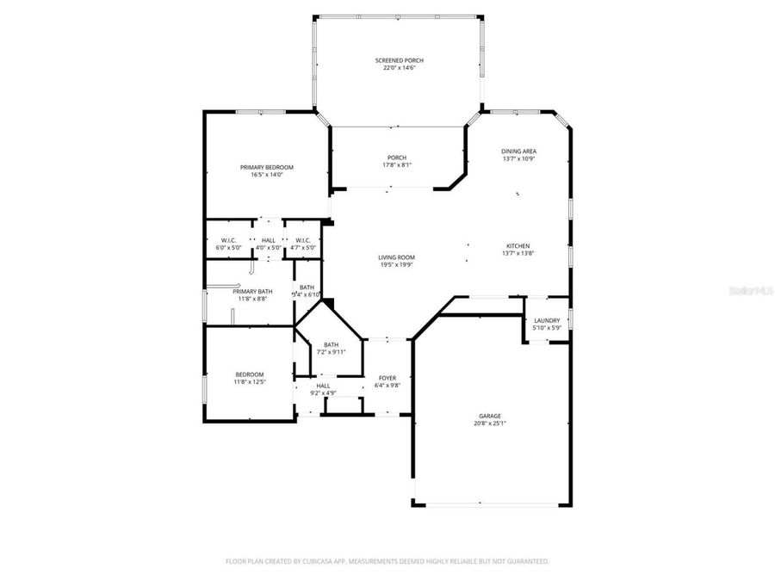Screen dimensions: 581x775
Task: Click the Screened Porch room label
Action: tap(399, 60)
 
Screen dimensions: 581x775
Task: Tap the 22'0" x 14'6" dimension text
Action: tap(399, 68)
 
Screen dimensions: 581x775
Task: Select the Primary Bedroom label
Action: tap(267, 167)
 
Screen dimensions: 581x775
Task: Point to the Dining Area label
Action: tap(518, 151)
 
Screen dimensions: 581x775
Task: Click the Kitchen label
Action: tap(518, 246)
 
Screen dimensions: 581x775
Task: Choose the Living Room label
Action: tap(396, 257)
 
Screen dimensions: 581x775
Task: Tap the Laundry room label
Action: tap(546, 320)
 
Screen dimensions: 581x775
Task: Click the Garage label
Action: tap(491, 416)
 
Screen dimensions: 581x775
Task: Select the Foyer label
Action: tap(387, 378)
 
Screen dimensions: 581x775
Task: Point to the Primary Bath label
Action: tap(252, 292)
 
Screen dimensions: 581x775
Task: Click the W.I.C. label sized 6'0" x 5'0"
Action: tap(228, 240)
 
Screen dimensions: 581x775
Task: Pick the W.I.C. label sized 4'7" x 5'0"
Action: tap(302, 240)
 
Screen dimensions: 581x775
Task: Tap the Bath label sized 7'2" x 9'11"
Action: tap(331, 344)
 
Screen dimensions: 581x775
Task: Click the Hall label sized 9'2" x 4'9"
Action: tap(323, 386)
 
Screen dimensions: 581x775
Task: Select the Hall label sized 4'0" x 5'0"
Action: tap(269, 240)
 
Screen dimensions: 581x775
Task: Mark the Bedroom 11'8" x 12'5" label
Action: tap(250, 374)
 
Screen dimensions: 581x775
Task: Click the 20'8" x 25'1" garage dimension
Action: tap(491, 423)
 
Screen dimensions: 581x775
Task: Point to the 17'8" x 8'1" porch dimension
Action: tap(396, 165)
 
